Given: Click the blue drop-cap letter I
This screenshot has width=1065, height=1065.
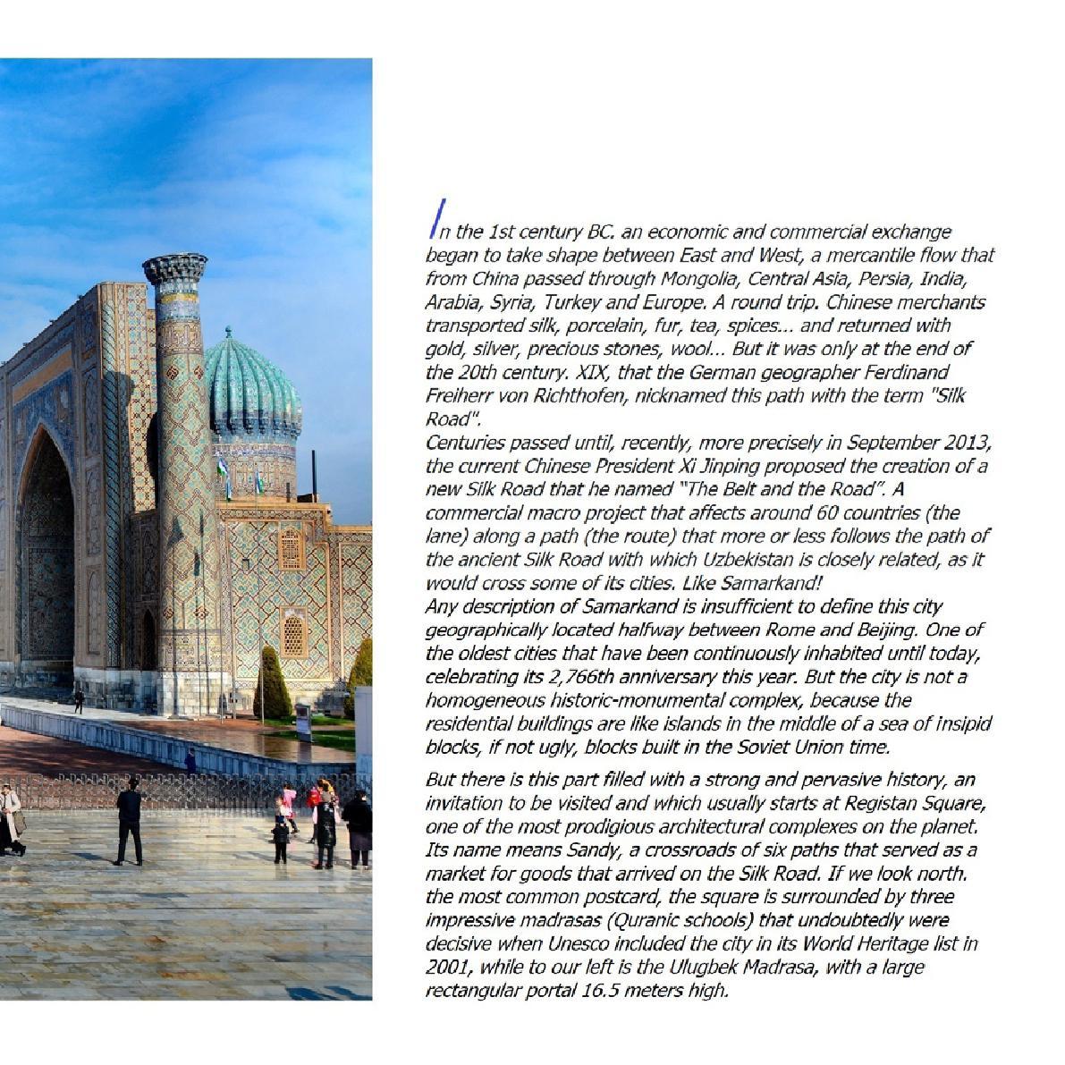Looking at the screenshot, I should coord(435,220).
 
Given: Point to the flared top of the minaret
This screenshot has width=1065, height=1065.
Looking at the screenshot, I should coord(175,268).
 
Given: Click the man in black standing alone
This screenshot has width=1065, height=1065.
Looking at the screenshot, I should coord(130,822).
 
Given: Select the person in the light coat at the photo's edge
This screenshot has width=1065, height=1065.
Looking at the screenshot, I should coord(9,818).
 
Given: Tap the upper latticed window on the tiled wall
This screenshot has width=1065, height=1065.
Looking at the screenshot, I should coord(291,548).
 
